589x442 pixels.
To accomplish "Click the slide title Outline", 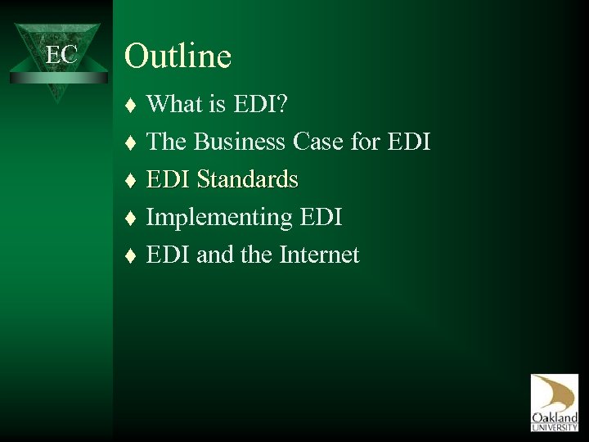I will click(178, 56).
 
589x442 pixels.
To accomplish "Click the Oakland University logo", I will click(554, 401).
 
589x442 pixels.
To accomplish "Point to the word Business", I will click(241, 142).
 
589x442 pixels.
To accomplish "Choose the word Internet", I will click(319, 255).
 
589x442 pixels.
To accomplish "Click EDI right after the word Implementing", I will click(317, 218).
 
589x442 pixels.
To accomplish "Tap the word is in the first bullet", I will click(215, 105).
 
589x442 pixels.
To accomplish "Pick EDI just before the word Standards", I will click(169, 180).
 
